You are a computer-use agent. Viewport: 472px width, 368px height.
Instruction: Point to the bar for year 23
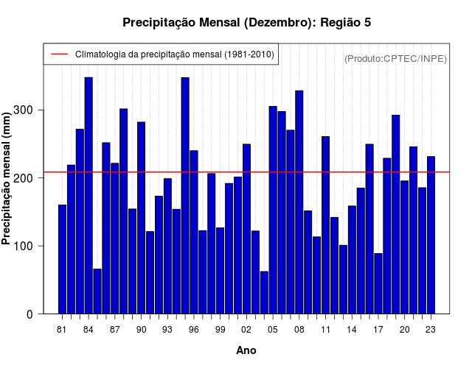point(431,235)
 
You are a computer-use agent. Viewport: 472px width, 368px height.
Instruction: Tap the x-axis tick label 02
point(246,330)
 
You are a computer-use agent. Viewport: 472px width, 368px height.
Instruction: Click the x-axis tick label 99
point(220,330)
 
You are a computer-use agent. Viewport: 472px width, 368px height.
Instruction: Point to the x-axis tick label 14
point(352,330)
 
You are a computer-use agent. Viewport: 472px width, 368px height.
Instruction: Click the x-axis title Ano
point(246,350)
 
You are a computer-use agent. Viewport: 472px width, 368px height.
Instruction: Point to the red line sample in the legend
point(59,54)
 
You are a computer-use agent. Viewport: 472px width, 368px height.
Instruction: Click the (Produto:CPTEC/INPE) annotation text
point(395,58)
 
